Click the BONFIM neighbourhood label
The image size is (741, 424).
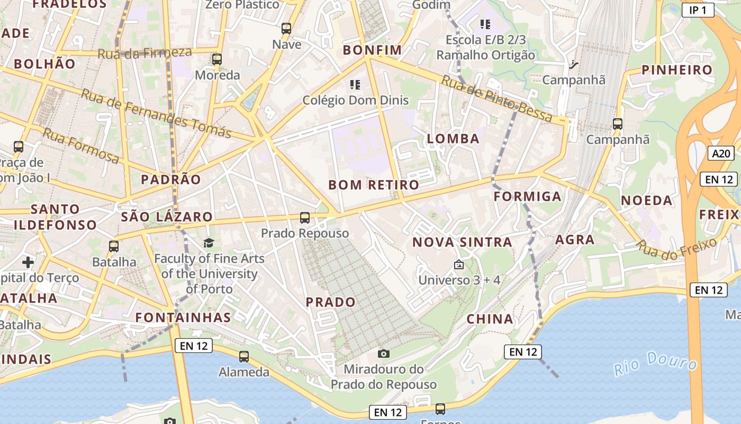click(372, 50)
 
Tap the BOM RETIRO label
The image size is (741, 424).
click(374, 185)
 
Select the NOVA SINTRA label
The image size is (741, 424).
click(462, 242)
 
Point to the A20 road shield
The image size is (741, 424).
click(721, 154)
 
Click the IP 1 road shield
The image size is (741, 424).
click(698, 10)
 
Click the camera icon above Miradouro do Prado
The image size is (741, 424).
click(384, 354)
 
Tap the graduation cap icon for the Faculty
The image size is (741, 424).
click(209, 243)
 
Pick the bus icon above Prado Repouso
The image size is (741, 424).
click(304, 217)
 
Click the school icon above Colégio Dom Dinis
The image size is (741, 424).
click(355, 84)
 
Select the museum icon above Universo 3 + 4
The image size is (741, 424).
click(458, 264)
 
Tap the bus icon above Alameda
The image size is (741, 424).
click(243, 357)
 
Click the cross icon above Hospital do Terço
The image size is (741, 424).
click(28, 262)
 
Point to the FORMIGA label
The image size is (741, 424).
click(527, 197)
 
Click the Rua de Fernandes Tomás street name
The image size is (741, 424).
click(156, 113)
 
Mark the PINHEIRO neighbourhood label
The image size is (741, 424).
click(677, 70)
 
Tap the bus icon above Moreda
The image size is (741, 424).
click(216, 59)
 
